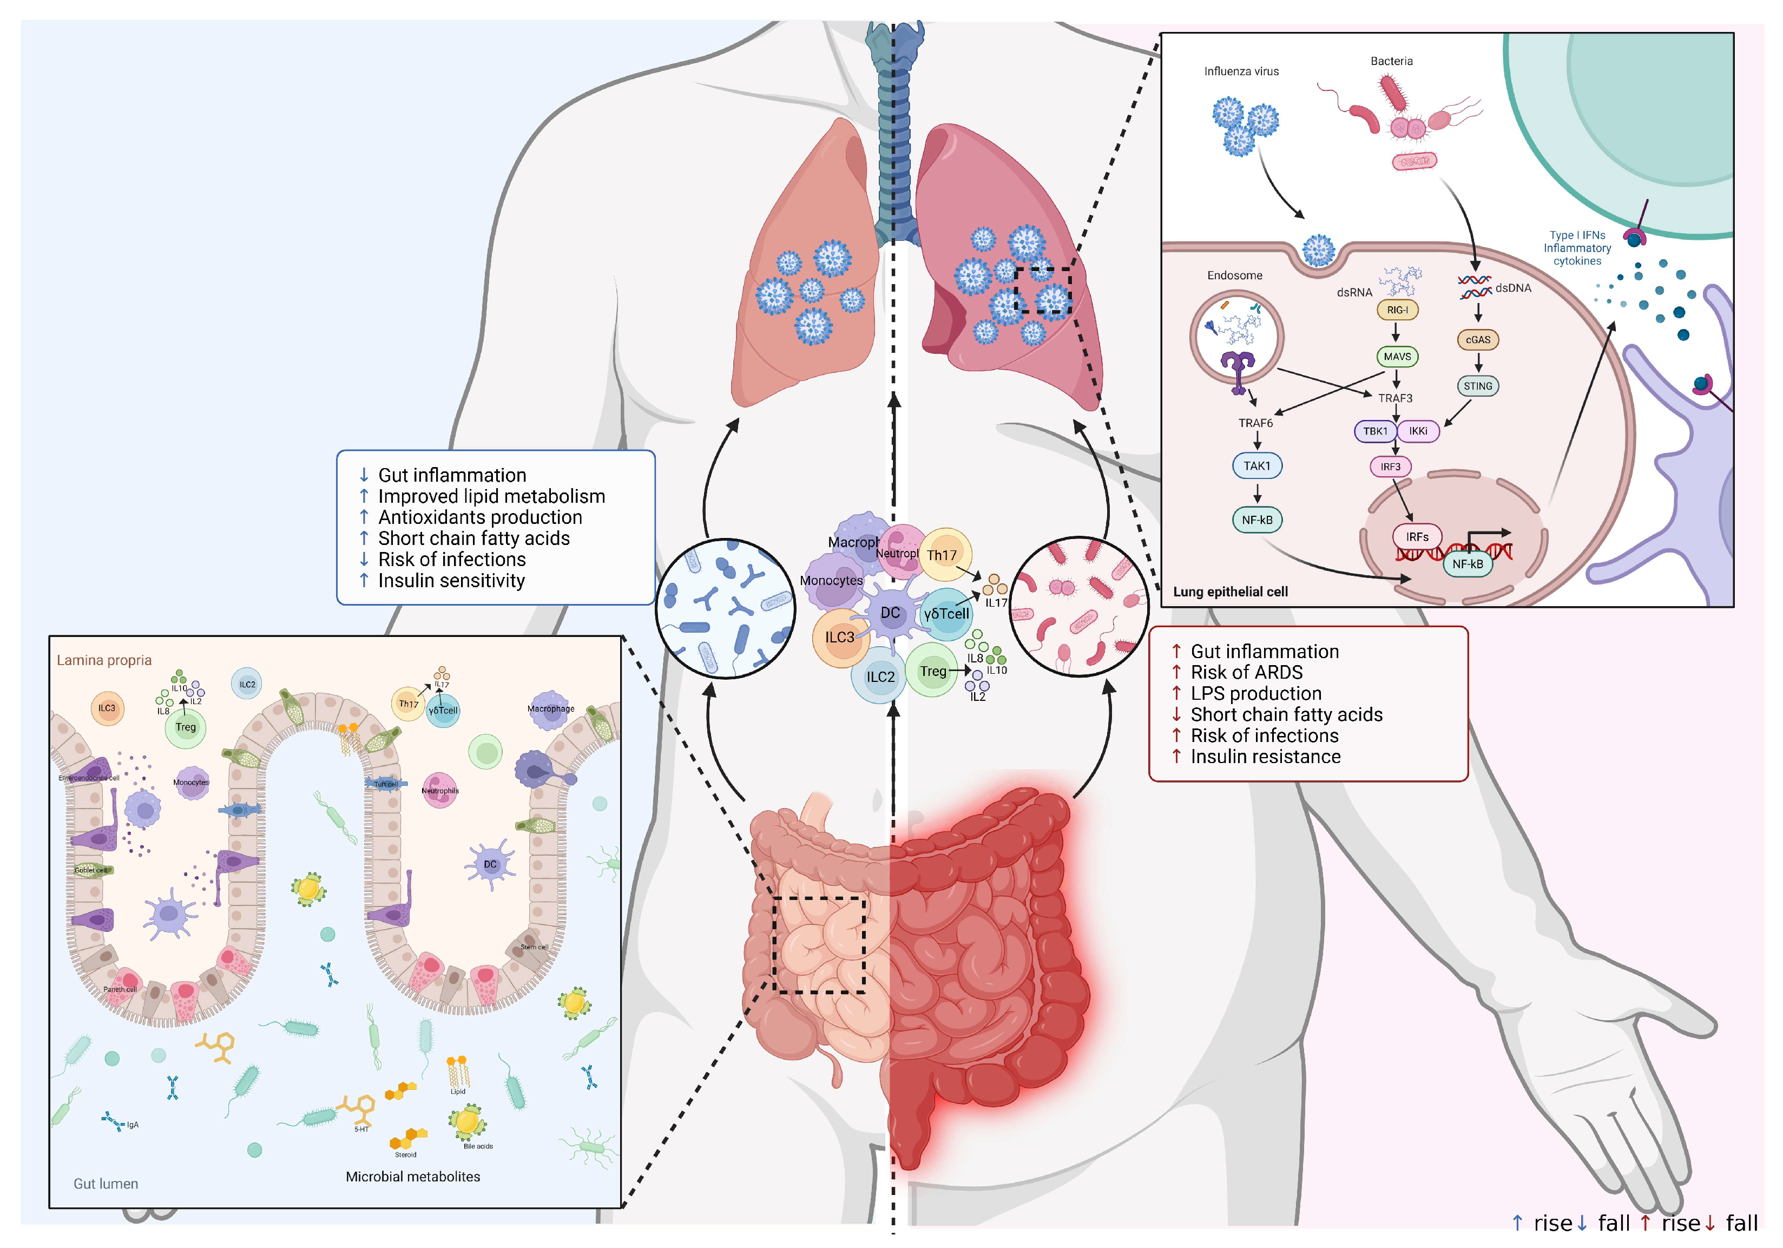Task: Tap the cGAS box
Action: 1477,339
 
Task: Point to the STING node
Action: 1477,386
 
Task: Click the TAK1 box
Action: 1256,466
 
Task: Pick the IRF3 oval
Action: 1390,467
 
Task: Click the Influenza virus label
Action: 1241,71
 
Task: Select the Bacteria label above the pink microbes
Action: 1391,61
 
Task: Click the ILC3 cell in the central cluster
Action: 839,638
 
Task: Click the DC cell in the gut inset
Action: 490,864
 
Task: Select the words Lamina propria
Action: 104,660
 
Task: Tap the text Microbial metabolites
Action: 412,1177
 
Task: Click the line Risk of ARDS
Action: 1246,673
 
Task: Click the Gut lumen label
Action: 106,1184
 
